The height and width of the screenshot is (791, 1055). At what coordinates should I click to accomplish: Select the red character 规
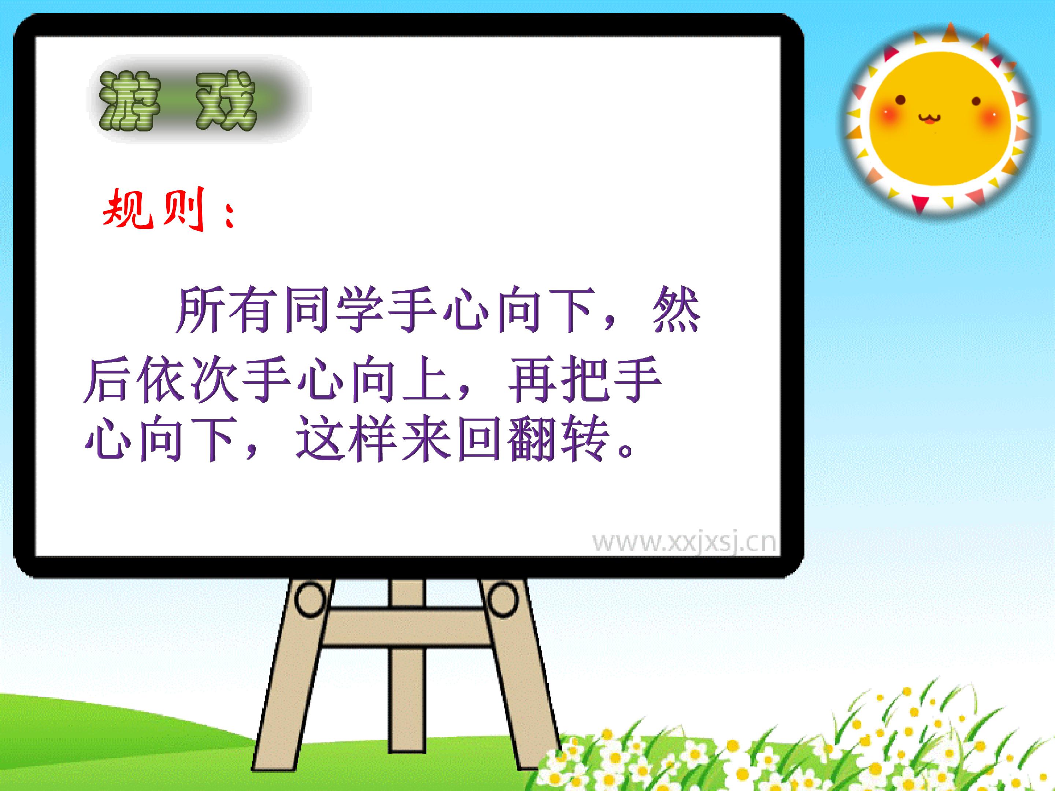click(128, 208)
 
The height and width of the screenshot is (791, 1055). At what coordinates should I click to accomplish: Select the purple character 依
click(163, 379)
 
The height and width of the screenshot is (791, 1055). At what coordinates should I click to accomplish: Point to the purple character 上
click(426, 379)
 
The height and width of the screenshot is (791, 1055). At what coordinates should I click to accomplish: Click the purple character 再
click(532, 379)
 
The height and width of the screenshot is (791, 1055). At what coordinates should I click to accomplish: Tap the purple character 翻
click(532, 439)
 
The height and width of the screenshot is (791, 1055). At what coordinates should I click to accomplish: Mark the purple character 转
click(585, 439)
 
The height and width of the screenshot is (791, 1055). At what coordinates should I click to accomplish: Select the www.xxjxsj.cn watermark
click(684, 543)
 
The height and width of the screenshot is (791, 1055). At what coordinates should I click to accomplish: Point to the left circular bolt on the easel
click(311, 599)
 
